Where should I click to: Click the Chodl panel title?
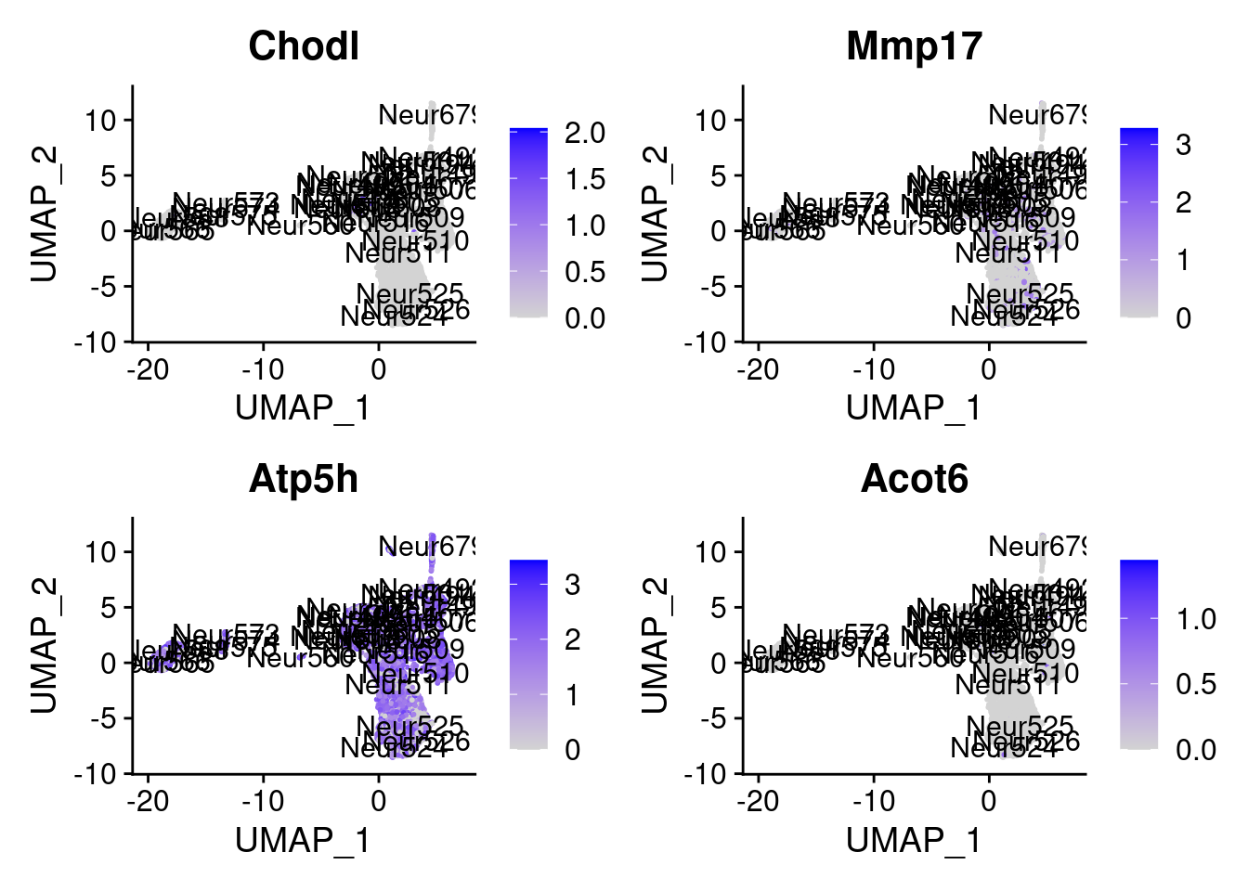(x=304, y=46)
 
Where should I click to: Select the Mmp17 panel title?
(x=914, y=46)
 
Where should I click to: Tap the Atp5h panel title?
(x=304, y=479)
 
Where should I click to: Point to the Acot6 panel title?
(x=914, y=479)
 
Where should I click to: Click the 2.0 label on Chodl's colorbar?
(x=585, y=133)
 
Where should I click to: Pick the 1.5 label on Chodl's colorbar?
(x=585, y=179)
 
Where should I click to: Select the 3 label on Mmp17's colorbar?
(x=1183, y=145)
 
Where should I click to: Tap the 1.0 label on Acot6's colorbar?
(x=1196, y=619)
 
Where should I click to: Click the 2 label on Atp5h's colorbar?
(x=573, y=639)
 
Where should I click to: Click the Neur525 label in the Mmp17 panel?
(x=1020, y=294)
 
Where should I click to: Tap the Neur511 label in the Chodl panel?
(x=397, y=252)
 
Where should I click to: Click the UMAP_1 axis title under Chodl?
(x=303, y=407)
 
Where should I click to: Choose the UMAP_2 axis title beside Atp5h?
(x=44, y=645)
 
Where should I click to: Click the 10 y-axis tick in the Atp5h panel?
(x=101, y=552)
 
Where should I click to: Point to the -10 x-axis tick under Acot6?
(x=873, y=801)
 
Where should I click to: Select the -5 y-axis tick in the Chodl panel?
(x=103, y=287)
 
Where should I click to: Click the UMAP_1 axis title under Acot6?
(x=914, y=840)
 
